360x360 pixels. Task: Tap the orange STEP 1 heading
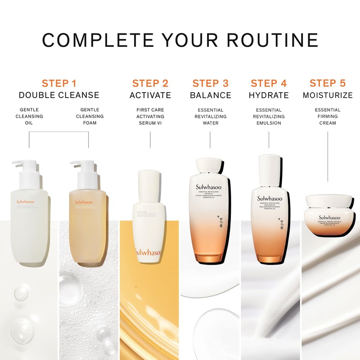[x=59, y=83]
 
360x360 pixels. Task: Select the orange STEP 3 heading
[x=210, y=83]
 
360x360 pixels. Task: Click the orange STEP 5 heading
[x=328, y=83]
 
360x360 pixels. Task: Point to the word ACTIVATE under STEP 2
[x=150, y=95]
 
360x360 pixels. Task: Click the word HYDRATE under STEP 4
[x=269, y=95]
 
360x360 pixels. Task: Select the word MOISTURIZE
[x=328, y=95]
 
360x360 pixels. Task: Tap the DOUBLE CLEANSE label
[x=59, y=95]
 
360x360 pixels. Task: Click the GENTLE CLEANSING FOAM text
[x=92, y=116]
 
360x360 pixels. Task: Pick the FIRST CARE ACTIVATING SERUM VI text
[x=150, y=116]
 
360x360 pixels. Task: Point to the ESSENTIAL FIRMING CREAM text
[x=328, y=116]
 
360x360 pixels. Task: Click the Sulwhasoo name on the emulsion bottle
[x=270, y=198]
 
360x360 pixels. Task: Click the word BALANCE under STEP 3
[x=210, y=95]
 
